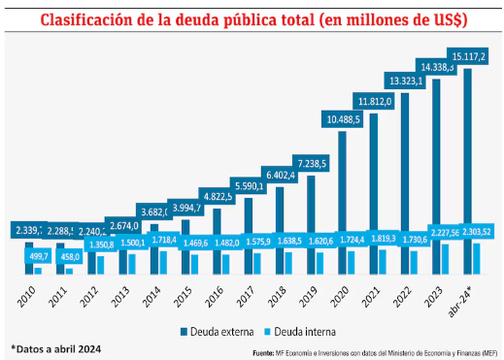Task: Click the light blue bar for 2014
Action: pyautogui.click(x=163, y=263)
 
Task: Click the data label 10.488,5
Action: pyautogui.click(x=345, y=118)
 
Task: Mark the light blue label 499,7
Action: pyautogui.click(x=38, y=255)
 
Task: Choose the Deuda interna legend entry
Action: pyautogui.click(x=300, y=330)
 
